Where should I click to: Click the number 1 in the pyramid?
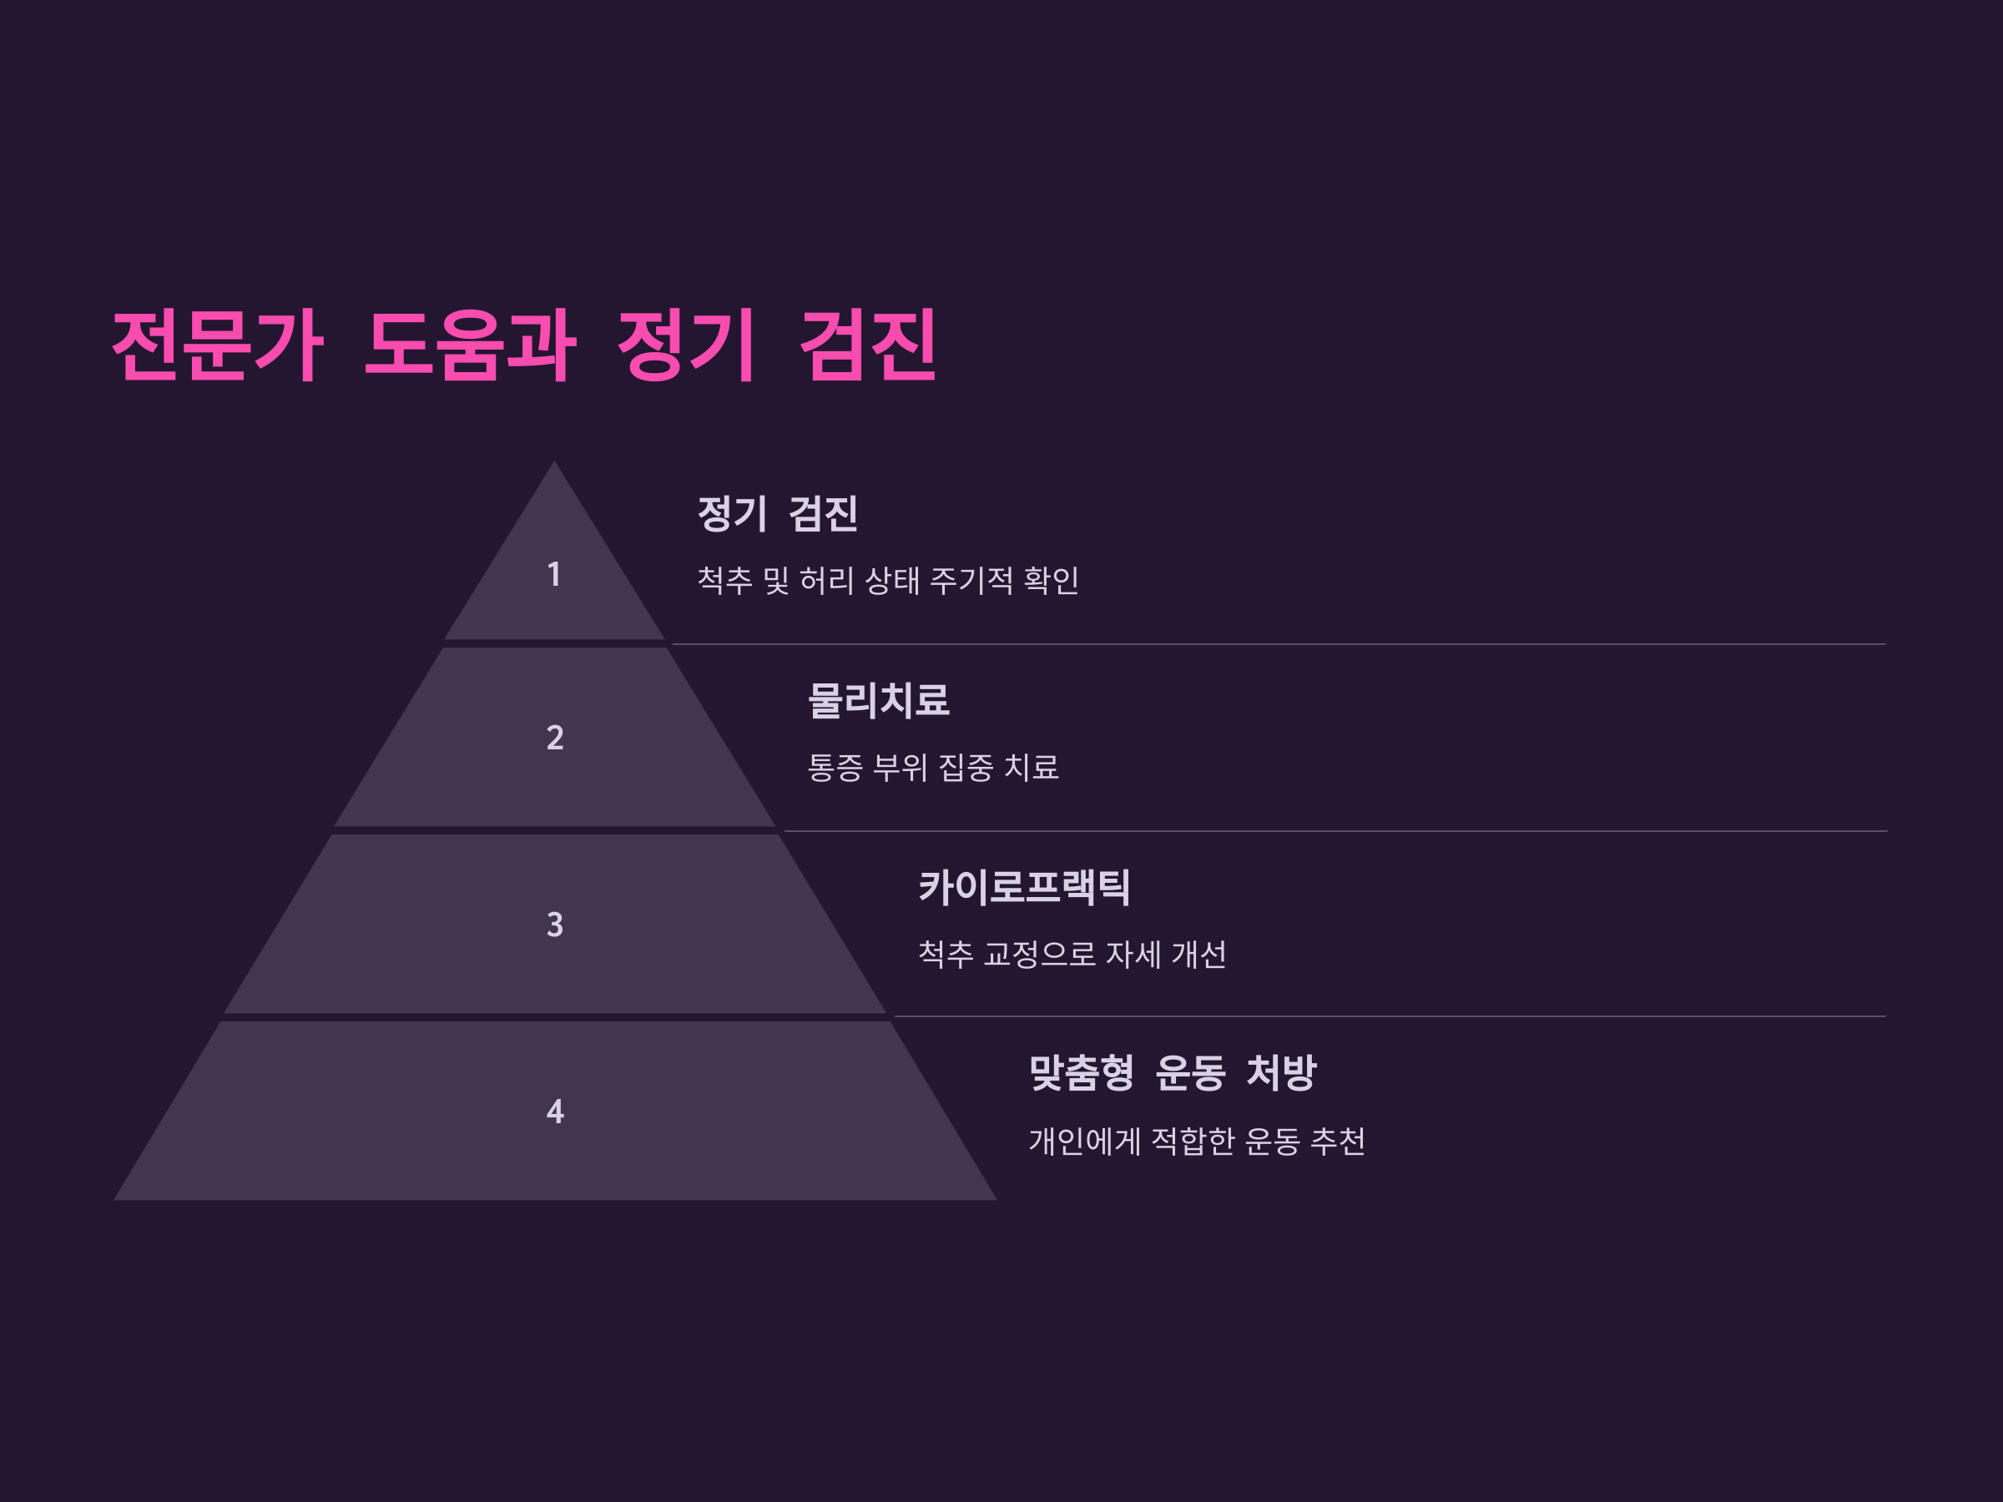click(x=554, y=574)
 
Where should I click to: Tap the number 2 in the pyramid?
click(x=555, y=738)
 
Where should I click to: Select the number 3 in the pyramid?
click(x=555, y=925)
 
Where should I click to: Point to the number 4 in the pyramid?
click(x=555, y=1111)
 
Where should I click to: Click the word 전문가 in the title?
click(x=217, y=345)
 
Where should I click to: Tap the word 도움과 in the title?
click(x=470, y=345)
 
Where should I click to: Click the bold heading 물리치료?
click(x=878, y=700)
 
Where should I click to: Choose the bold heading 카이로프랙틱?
click(x=1024, y=886)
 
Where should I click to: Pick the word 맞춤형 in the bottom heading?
click(x=1081, y=1073)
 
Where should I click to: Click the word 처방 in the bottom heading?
click(x=1281, y=1073)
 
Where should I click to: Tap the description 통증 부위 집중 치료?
click(x=933, y=768)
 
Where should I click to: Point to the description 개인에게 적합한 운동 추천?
click(x=1196, y=1141)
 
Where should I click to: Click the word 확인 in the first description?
click(x=1051, y=580)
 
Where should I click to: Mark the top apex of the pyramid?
click(x=554, y=464)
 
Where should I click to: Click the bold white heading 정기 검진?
click(x=778, y=513)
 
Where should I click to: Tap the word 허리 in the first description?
click(x=826, y=580)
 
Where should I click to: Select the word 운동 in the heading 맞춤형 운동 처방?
click(x=1190, y=1073)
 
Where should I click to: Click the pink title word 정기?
click(x=685, y=345)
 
